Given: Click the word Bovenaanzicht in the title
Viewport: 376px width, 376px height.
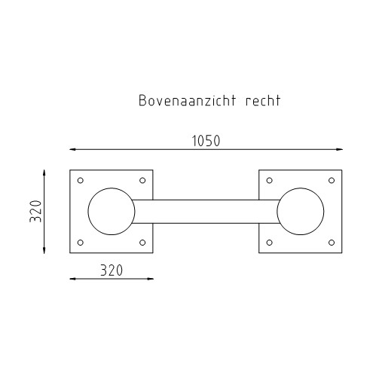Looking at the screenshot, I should [x=184, y=100].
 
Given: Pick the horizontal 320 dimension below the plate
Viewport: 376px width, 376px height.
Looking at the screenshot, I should [x=111, y=269].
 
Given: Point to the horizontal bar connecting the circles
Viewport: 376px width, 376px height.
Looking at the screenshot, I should [x=205, y=212].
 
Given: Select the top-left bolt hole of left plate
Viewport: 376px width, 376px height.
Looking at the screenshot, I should [x=81, y=181].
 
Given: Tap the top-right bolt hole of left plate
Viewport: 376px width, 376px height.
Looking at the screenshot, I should [x=142, y=181].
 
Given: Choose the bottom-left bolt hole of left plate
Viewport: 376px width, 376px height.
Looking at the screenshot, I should [x=81, y=243].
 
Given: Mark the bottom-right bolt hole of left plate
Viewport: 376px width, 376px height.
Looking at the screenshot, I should [x=142, y=243].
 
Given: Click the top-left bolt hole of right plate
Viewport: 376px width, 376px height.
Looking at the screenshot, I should [x=270, y=181].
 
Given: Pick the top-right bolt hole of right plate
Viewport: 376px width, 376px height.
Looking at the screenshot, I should [x=331, y=181].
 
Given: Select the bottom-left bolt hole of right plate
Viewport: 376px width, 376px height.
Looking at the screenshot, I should [x=270, y=243].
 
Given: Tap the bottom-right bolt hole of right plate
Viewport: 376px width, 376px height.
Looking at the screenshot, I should [x=331, y=243].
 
